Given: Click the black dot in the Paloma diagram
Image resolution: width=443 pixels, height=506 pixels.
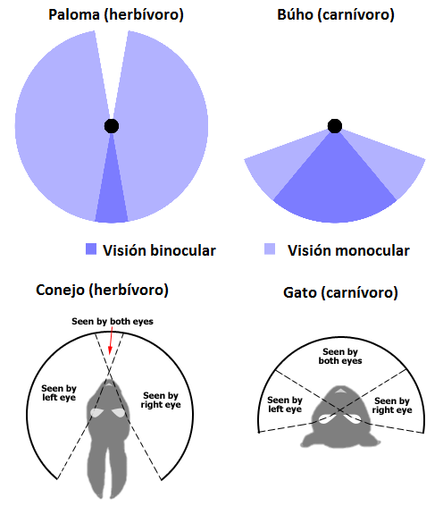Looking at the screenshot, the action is [112, 126].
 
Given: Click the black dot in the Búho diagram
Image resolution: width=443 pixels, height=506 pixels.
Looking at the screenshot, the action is [335, 126].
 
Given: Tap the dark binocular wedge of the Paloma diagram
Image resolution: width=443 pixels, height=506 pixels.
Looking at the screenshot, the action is [112, 194].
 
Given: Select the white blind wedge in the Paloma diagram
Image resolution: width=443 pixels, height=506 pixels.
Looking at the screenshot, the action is [112, 64].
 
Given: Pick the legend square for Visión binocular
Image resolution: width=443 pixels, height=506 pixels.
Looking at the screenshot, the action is [91, 249].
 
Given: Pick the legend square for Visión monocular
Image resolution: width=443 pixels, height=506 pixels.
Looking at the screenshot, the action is [270, 249].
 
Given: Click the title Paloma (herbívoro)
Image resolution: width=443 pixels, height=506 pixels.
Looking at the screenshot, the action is [116, 15].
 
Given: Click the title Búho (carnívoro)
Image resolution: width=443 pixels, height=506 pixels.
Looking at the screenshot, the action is [336, 15].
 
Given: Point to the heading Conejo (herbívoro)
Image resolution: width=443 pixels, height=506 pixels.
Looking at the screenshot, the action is [102, 290].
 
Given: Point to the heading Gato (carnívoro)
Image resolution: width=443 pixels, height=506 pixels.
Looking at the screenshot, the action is [340, 292].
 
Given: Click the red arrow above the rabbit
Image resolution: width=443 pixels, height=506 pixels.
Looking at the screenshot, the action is [111, 341].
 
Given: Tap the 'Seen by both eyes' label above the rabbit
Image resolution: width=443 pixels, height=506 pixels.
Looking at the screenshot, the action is [113, 322].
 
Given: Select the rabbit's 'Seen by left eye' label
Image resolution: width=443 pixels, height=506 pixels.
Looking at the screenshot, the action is [59, 392].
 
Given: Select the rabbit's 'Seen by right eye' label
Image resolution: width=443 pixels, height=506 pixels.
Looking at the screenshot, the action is [161, 400].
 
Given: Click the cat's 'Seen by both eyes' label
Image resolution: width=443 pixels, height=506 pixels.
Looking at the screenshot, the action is [340, 356].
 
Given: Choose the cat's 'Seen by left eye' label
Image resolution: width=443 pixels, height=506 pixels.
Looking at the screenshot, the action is [285, 404].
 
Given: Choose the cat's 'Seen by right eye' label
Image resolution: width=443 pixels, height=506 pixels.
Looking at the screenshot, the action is [392, 405].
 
